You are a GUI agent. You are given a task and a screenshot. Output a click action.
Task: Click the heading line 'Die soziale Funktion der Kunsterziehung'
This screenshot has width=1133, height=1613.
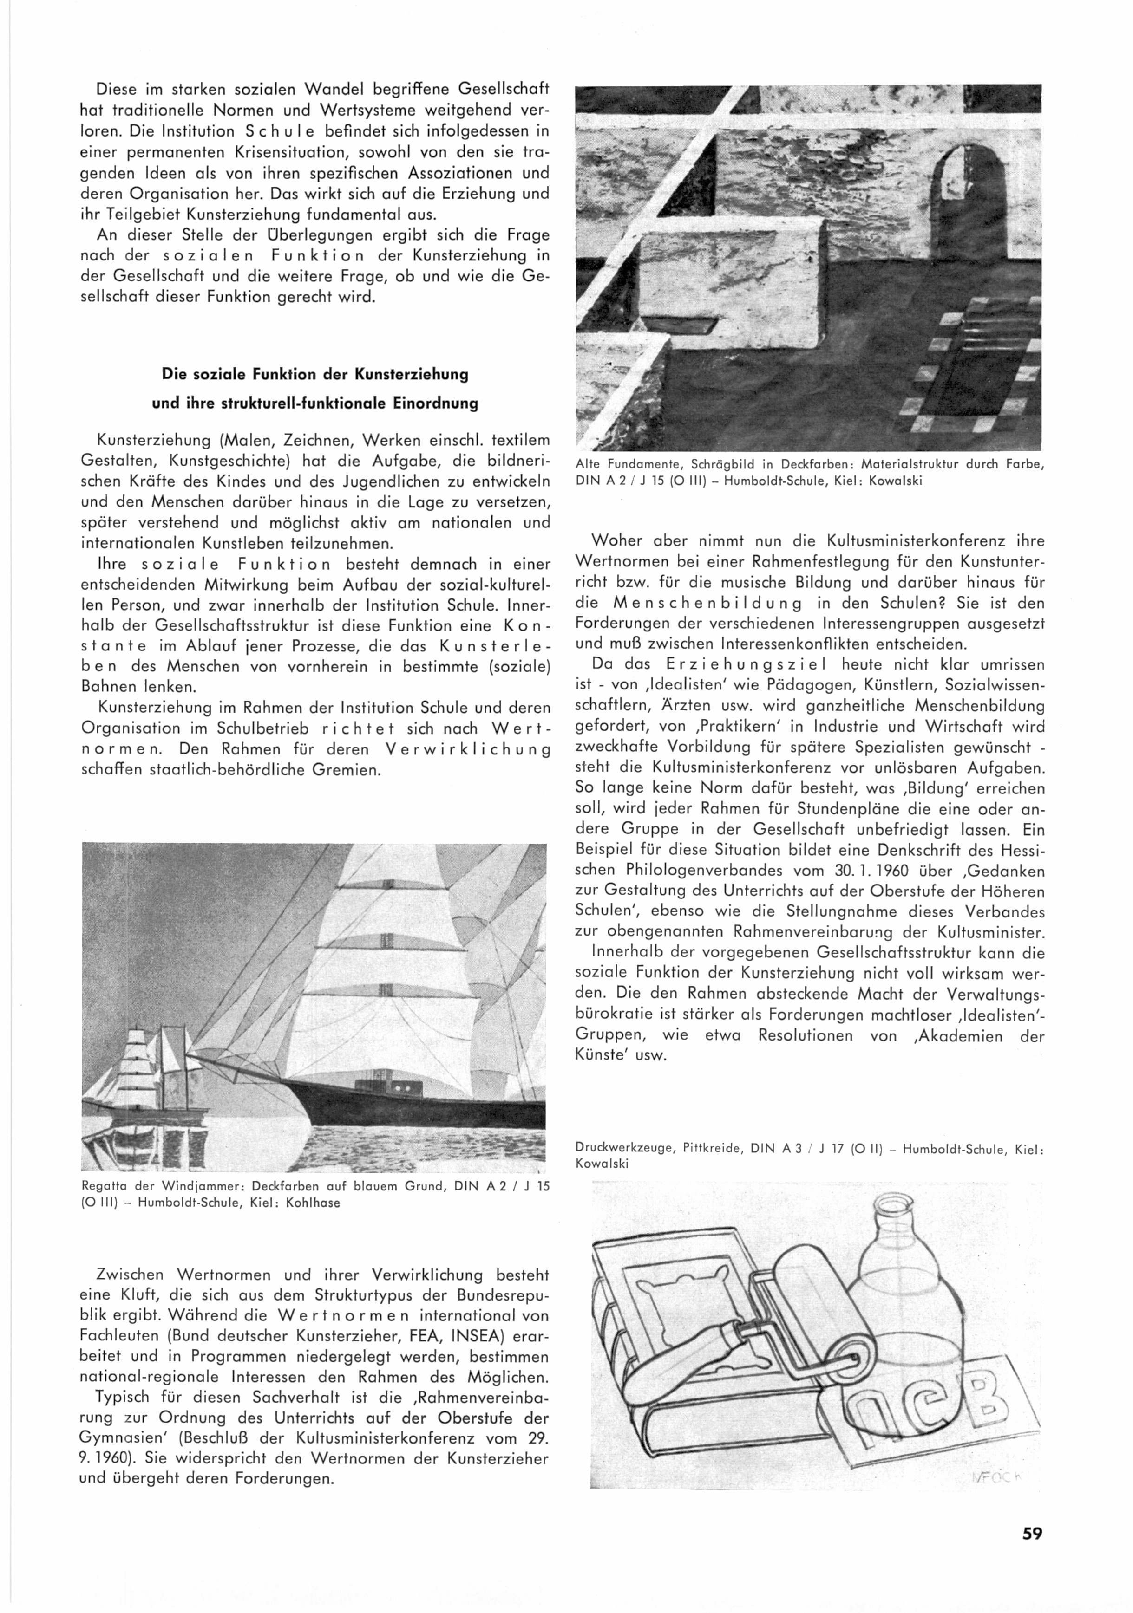point(315,374)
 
